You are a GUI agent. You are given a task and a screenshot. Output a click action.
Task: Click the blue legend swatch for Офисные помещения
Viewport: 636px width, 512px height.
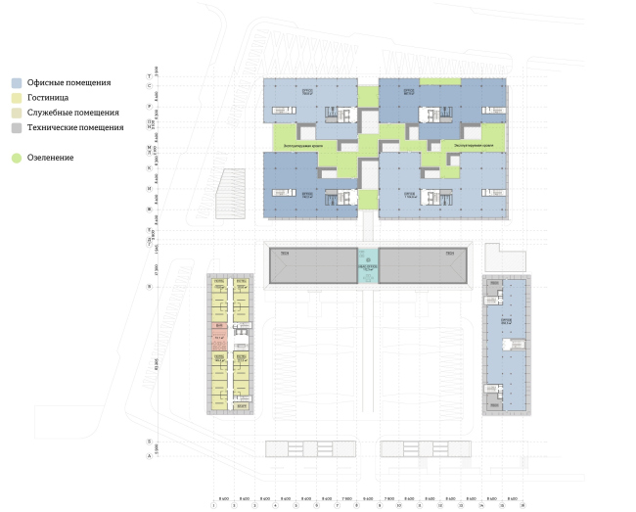tap(18, 83)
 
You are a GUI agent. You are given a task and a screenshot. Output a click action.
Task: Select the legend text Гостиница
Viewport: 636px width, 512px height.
tap(48, 98)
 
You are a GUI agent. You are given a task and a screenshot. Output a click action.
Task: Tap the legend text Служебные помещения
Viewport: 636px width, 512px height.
tap(72, 113)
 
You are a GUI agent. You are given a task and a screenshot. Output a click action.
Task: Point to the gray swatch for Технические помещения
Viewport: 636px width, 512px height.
tap(18, 127)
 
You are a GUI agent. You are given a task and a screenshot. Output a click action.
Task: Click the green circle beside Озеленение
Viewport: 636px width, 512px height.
tap(18, 157)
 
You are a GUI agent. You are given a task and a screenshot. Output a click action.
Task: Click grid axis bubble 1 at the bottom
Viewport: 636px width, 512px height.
tap(213, 504)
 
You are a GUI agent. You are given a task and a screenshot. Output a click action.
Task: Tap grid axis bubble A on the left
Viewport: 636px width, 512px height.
tap(149, 456)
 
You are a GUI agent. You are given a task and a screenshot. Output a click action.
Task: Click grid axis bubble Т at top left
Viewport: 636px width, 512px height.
tap(149, 75)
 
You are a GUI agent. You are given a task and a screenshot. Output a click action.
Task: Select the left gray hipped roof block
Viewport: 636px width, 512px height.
tap(313, 266)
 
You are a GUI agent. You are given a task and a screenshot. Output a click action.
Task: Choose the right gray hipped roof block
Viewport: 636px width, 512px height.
tap(424, 266)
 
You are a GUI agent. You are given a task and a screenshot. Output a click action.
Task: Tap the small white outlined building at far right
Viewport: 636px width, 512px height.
tap(511, 260)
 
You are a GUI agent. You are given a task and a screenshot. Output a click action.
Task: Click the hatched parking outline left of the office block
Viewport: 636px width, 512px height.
tap(233, 194)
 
